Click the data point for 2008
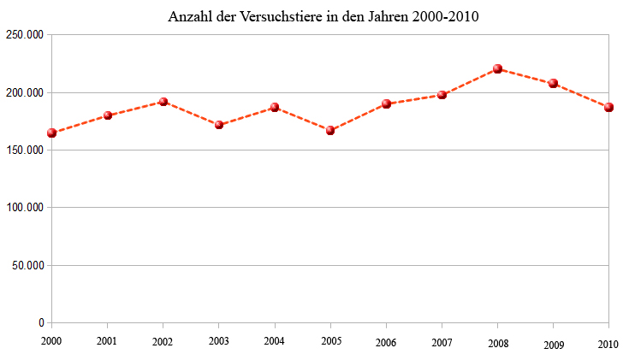pos(497,68)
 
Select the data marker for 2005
pos(330,130)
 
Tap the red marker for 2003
pos(219,125)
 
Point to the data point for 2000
pos(52,133)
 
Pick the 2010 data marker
pos(608,107)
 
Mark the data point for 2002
pos(163,102)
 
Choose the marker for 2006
pos(386,103)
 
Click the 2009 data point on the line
pos(553,83)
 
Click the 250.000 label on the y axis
pos(24,35)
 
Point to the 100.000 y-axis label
pos(24,208)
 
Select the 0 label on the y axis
pos(41,323)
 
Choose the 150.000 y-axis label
pos(24,150)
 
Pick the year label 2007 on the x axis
pos(442,342)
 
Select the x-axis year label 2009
pos(553,345)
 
